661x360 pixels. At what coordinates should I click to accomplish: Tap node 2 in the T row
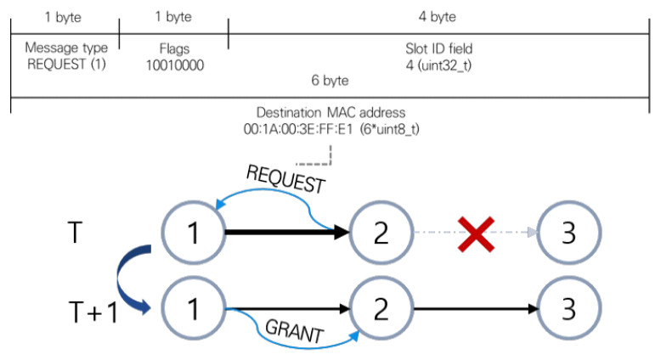point(381,232)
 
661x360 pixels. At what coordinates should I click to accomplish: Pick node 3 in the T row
point(571,232)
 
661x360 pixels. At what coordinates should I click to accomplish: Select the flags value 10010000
point(174,64)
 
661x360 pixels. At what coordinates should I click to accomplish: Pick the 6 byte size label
point(330,80)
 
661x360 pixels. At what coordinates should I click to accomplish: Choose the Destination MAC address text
point(330,113)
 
